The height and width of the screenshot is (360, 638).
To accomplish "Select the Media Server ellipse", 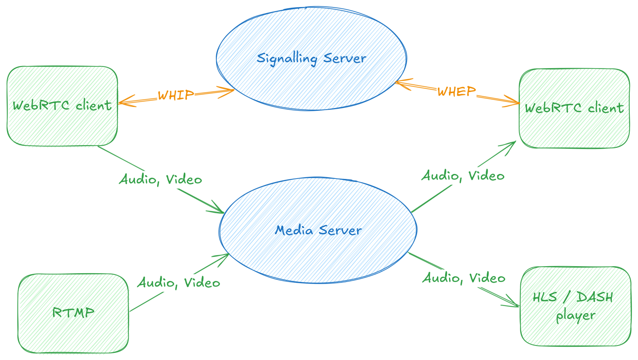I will point(318,253).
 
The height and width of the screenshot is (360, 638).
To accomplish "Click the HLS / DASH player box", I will point(575,328).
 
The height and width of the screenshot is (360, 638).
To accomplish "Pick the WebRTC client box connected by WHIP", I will point(62,125).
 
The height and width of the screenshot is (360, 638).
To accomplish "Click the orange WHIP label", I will point(176,95).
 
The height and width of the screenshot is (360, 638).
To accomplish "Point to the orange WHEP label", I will point(456,91).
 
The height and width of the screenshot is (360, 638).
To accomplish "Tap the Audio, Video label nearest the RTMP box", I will point(179,283).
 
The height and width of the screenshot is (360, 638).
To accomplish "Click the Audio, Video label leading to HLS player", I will point(464,278).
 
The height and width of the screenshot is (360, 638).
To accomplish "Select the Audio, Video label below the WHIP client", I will point(161,179).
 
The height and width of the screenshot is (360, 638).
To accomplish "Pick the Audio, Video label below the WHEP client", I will point(463,176).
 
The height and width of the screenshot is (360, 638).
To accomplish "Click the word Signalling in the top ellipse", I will point(287,59).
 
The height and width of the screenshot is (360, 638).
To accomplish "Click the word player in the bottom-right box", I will point(576,316).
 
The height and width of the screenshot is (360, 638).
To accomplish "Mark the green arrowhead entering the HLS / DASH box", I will point(515,304).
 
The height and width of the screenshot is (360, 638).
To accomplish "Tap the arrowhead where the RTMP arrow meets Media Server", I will point(224,256).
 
